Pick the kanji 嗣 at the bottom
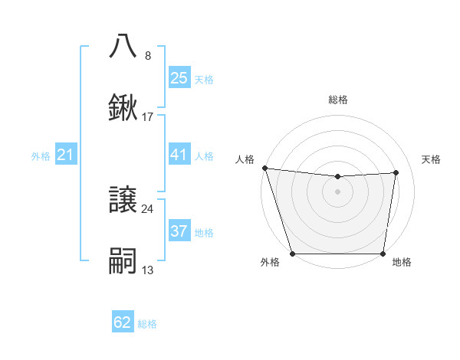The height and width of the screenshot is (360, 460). coord(123,260)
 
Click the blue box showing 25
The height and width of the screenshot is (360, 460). coord(179,78)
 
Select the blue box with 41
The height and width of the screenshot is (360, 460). coord(179,155)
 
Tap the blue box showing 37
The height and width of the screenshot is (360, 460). coord(179,231)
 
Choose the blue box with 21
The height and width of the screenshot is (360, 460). coord(66,155)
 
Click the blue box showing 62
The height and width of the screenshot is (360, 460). coord(123,322)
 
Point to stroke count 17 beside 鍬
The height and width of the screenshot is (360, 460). coord(148,117)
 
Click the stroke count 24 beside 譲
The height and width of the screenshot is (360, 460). coord(148,208)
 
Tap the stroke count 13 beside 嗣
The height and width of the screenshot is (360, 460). coord(148,270)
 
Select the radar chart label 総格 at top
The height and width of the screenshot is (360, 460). coord(338,100)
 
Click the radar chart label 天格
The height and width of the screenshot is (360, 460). coord(432,159)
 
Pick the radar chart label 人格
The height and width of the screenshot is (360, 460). coord(245,159)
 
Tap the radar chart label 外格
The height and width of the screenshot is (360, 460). coord(269,263)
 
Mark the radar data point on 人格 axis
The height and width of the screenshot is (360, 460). coord(264,168)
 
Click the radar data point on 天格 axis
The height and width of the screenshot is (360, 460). coord(396,172)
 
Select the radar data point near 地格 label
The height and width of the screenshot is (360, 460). coord(383,254)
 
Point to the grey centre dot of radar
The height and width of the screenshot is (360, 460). coord(338,191)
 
